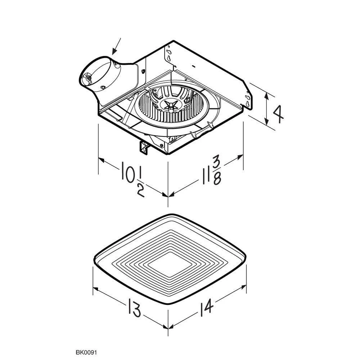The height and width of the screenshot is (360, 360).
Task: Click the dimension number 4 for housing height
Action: [x=278, y=114]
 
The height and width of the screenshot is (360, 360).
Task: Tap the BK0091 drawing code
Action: [x=86, y=352]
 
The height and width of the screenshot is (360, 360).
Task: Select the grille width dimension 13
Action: [x=134, y=307]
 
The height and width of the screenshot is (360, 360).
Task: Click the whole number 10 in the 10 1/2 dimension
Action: [x=128, y=172]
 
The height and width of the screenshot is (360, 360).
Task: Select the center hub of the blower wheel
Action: [x=171, y=106]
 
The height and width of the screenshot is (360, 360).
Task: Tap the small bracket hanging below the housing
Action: [x=144, y=148]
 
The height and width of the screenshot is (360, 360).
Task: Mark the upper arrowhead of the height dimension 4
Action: [x=266, y=96]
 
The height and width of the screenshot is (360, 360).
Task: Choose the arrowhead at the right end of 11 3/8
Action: [x=239, y=157]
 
